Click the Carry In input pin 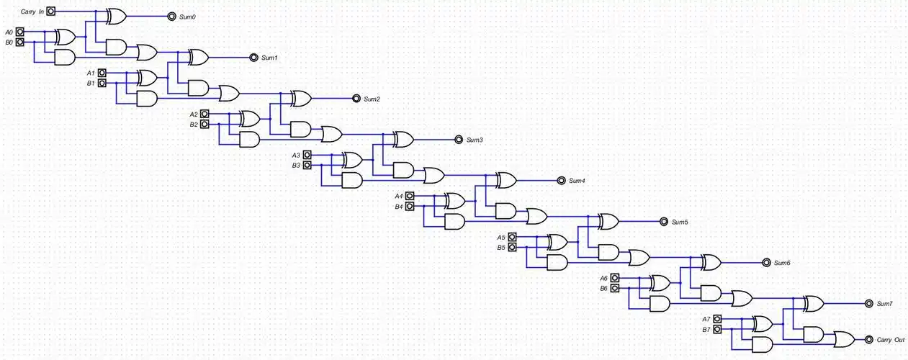tap(50, 12)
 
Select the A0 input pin tap(20, 32)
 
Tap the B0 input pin tap(20, 42)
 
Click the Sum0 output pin tap(171, 16)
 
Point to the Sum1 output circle tap(253, 57)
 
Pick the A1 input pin tap(102, 73)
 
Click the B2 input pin tap(204, 124)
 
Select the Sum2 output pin tap(356, 98)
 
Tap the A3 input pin tap(307, 155)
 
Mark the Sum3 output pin tap(458, 139)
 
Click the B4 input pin tap(410, 206)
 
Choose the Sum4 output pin tap(560, 180)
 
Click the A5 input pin tap(512, 237)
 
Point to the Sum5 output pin tap(662, 221)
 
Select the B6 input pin tap(614, 288)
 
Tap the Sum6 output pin tap(765, 262)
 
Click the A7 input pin tap(716, 319)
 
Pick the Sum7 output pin tap(868, 303)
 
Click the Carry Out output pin tap(868, 338)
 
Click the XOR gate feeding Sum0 tap(116, 16)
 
